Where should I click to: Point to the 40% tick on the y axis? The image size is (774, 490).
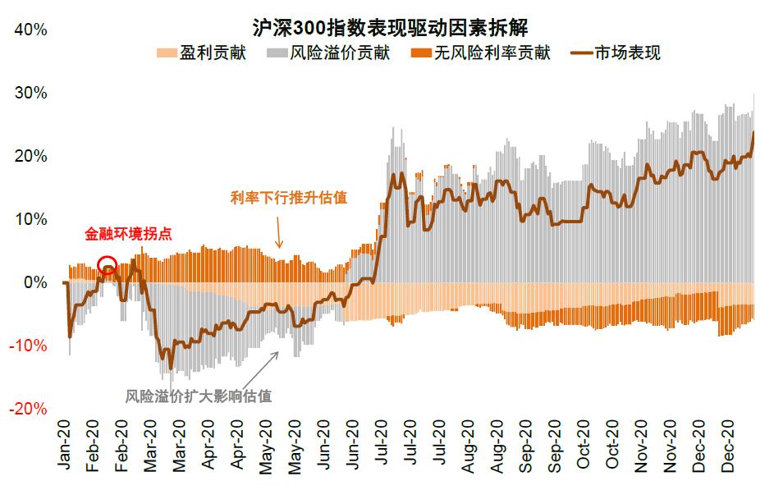pos(31,30)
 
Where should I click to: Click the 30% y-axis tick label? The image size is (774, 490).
pos(31,93)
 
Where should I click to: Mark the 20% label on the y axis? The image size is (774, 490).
pos(31,156)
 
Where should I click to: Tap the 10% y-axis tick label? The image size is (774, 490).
pos(31,219)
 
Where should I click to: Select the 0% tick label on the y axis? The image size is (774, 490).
pos(35,282)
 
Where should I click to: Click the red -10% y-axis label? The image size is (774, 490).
pos(30,346)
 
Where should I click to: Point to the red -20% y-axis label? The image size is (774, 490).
pos(30,409)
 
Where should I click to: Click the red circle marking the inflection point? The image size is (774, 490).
pos(108,265)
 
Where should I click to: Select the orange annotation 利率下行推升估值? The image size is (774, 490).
pos(289,197)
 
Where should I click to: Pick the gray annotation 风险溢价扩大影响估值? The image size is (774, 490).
pos(199,396)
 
